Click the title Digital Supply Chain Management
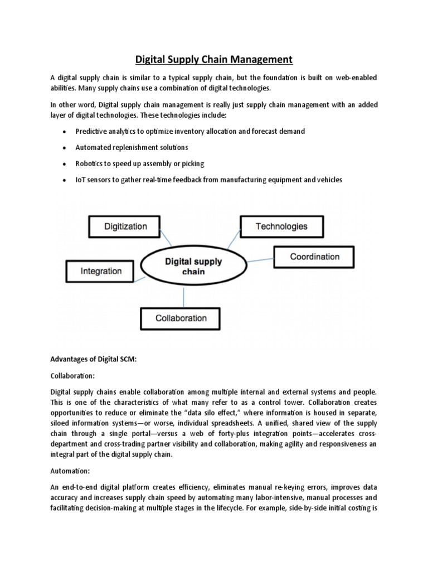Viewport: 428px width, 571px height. coord(214,59)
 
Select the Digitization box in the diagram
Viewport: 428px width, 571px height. coord(126,226)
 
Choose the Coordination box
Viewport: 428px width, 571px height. coord(314,257)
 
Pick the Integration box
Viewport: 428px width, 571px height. coord(101,271)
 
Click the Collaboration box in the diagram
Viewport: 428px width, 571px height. coord(181,318)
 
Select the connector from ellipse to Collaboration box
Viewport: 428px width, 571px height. coord(184,296)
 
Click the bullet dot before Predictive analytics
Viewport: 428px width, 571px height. coord(65,131)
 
